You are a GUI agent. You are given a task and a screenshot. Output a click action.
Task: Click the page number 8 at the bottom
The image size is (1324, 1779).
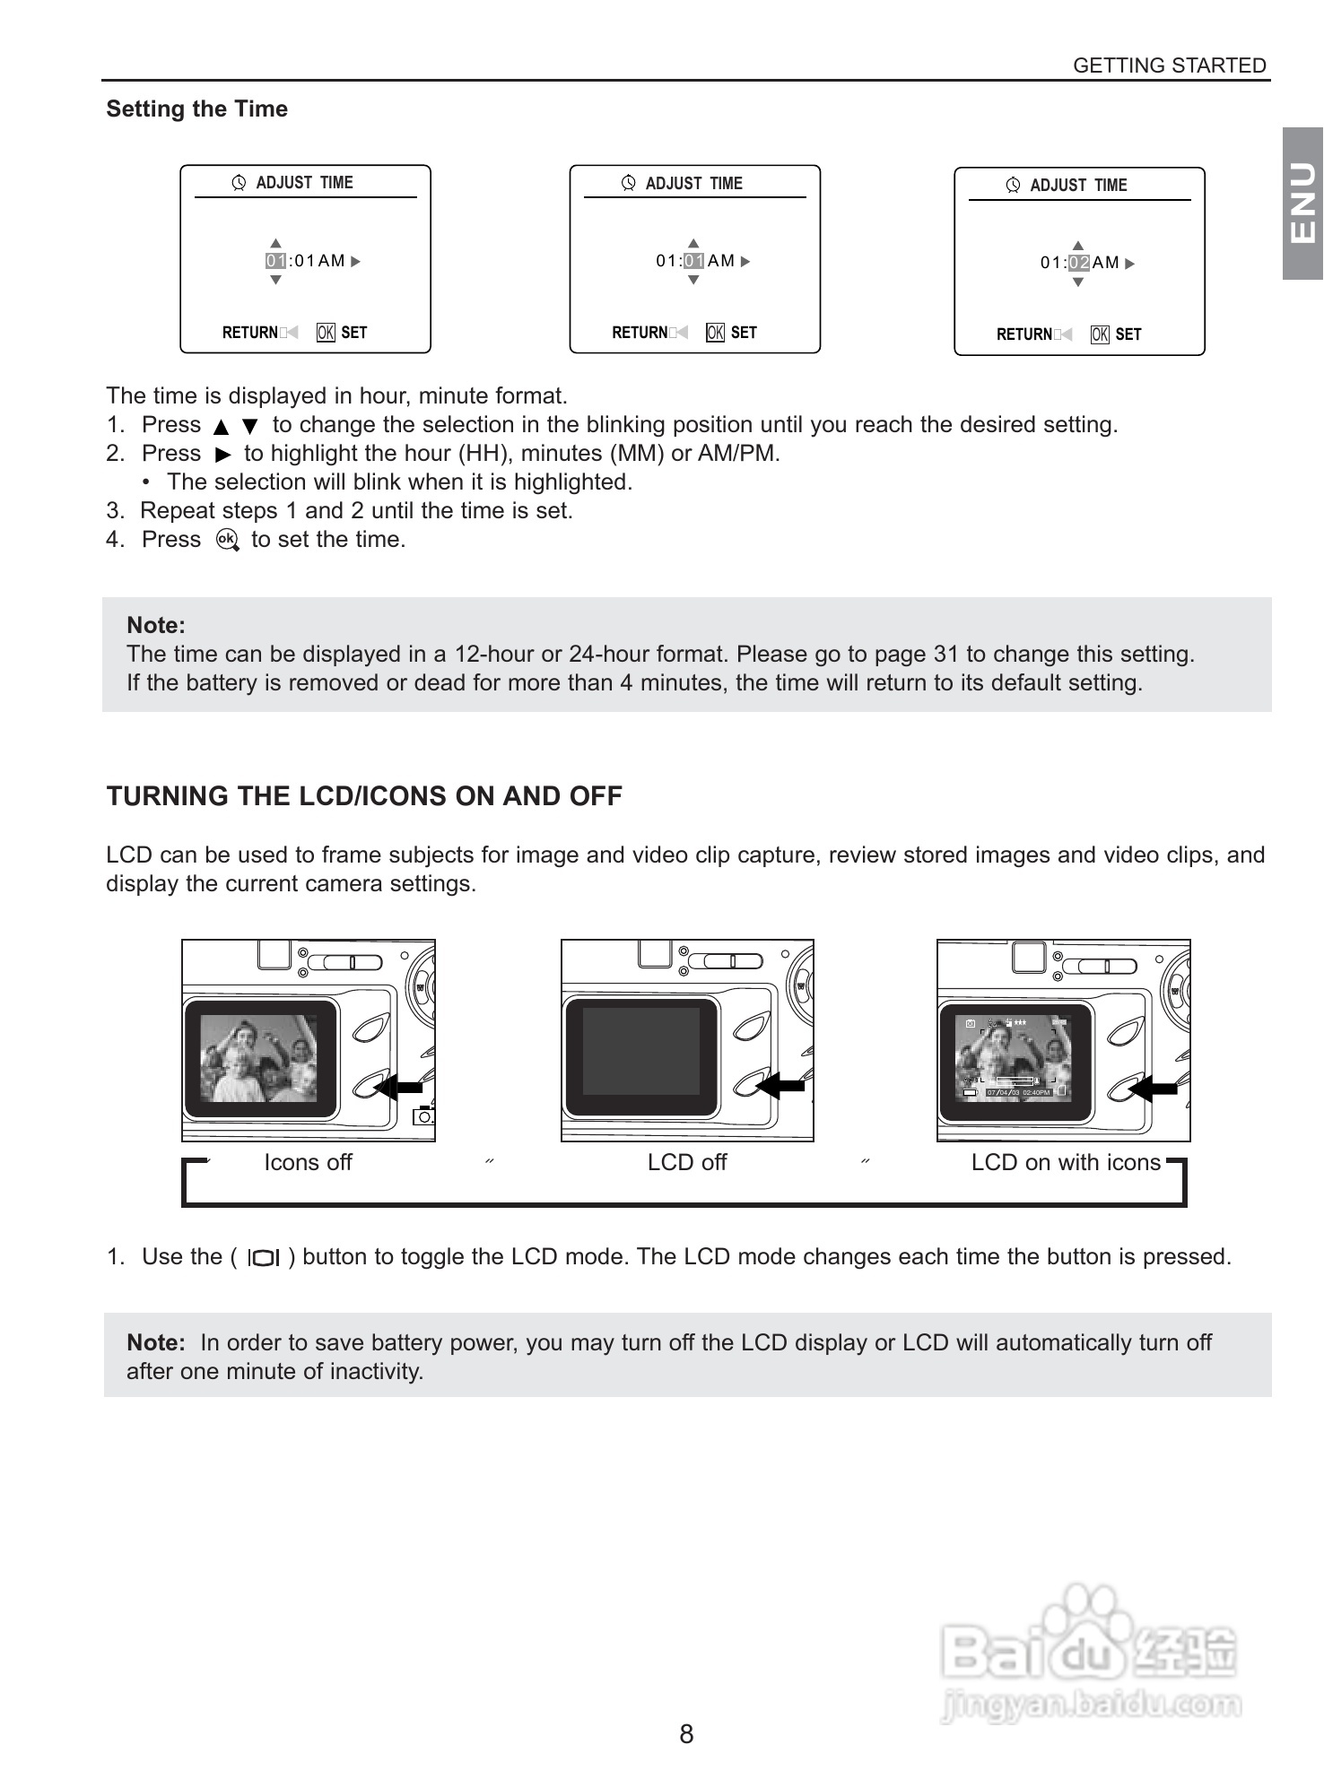tap(686, 1733)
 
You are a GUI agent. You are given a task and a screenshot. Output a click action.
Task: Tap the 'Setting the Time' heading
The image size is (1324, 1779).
tap(197, 109)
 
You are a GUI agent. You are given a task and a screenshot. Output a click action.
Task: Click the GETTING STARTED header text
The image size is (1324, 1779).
tap(1169, 65)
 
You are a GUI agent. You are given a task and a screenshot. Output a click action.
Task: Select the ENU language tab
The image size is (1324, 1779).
tap(1302, 204)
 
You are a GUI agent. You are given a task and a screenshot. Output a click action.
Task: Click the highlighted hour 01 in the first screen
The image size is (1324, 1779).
tap(275, 261)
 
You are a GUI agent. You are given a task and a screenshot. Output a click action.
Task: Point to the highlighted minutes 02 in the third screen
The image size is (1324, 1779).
tap(1078, 263)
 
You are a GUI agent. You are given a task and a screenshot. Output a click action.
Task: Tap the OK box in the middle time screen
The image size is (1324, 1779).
tap(715, 333)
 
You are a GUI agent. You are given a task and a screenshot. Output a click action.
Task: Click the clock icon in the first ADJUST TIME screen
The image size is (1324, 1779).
tap(239, 183)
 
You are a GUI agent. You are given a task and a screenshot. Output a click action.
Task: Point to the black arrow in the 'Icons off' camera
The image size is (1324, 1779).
tap(398, 1087)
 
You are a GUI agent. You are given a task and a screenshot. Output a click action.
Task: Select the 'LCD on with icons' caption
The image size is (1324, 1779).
tap(1066, 1162)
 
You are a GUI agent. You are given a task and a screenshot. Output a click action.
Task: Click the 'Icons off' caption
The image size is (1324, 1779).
tap(308, 1162)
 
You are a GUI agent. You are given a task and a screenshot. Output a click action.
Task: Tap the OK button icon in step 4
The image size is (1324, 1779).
tap(227, 540)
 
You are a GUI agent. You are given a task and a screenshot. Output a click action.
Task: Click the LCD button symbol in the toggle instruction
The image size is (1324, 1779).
tap(264, 1258)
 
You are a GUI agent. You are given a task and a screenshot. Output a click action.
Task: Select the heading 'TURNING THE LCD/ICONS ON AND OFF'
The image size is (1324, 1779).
tap(364, 796)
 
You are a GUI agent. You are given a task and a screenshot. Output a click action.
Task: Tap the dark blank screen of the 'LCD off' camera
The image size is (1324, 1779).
tap(641, 1050)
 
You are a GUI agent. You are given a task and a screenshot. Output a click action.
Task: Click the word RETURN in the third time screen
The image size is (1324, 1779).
tap(1024, 334)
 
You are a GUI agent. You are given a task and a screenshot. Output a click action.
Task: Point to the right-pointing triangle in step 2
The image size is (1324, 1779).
tap(223, 455)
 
